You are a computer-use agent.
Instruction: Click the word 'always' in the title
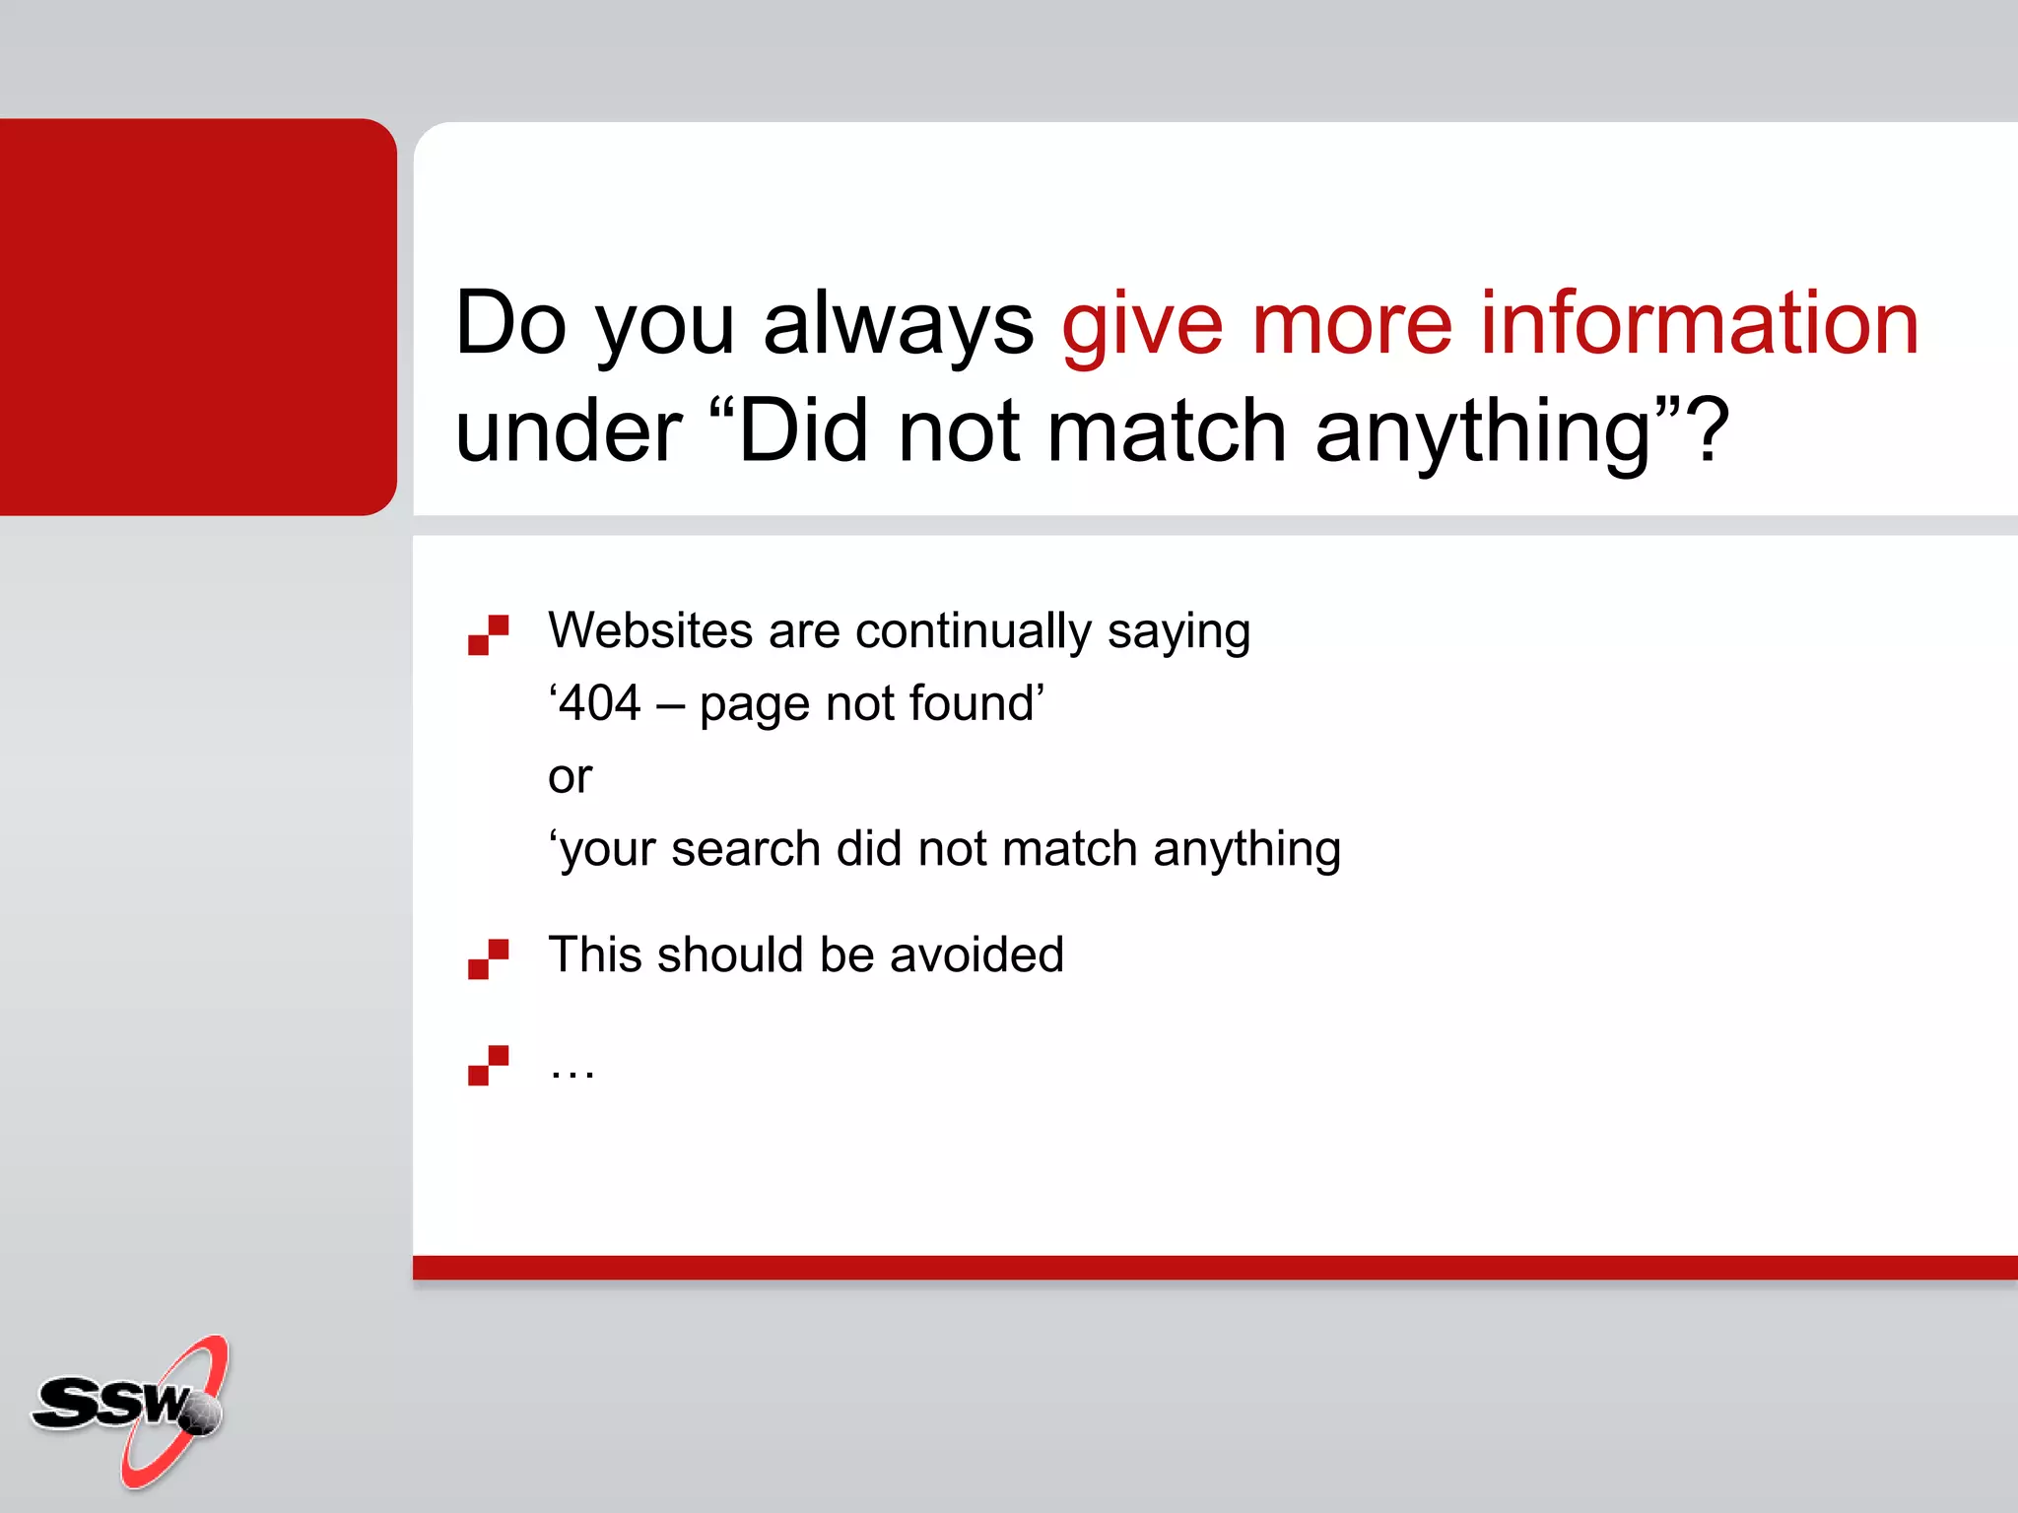pos(898,325)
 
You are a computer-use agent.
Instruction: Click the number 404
pos(600,703)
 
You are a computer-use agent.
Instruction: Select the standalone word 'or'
pos(570,777)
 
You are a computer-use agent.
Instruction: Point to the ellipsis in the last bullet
pos(572,1070)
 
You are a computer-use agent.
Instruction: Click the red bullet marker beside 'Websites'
pos(488,634)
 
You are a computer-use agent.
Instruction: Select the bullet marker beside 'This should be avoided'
pos(488,958)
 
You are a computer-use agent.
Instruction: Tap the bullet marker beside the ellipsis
pos(488,1065)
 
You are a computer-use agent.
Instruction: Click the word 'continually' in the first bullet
pos(974,630)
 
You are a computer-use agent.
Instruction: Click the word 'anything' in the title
pos(1483,433)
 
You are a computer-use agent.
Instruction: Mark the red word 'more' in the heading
pos(1352,325)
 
